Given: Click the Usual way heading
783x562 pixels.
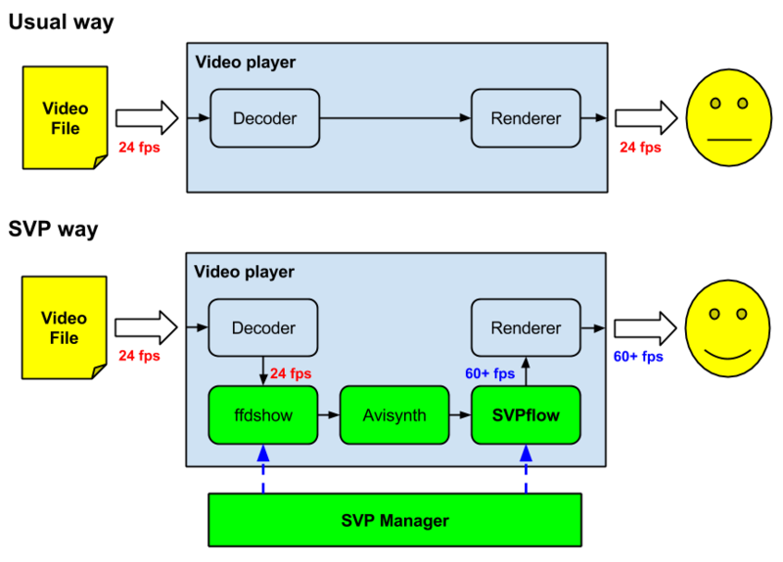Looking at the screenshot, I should pyautogui.click(x=62, y=22).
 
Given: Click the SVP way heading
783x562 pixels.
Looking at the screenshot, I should pyautogui.click(x=54, y=231).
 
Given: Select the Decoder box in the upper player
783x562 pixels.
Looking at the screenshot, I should pyautogui.click(x=264, y=118).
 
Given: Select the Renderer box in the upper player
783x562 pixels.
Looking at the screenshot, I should pyautogui.click(x=527, y=118).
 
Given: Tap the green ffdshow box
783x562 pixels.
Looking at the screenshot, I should pyautogui.click(x=264, y=414).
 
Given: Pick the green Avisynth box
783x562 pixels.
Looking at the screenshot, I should pyautogui.click(x=394, y=414).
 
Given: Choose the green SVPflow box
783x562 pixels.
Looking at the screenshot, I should pyautogui.click(x=526, y=414).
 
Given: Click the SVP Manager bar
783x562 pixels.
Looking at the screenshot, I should pyautogui.click(x=394, y=519).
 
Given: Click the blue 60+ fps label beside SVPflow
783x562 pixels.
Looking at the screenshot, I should pyautogui.click(x=489, y=373).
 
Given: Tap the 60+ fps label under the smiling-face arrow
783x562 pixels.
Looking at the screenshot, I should pyautogui.click(x=638, y=357).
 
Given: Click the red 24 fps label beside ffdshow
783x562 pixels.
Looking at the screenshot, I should pyautogui.click(x=291, y=373).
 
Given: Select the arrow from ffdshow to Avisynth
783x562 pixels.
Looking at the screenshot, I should pyautogui.click(x=329, y=414).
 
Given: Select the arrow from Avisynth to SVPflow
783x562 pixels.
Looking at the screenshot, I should pyautogui.click(x=460, y=414).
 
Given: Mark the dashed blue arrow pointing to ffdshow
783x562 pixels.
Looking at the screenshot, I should pyautogui.click(x=264, y=469).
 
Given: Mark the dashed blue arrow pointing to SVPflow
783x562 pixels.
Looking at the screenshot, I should pyautogui.click(x=526, y=469).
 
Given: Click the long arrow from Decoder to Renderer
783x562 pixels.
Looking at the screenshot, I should pyautogui.click(x=395, y=118).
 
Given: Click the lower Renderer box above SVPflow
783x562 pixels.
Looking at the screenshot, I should pyautogui.click(x=527, y=328).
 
